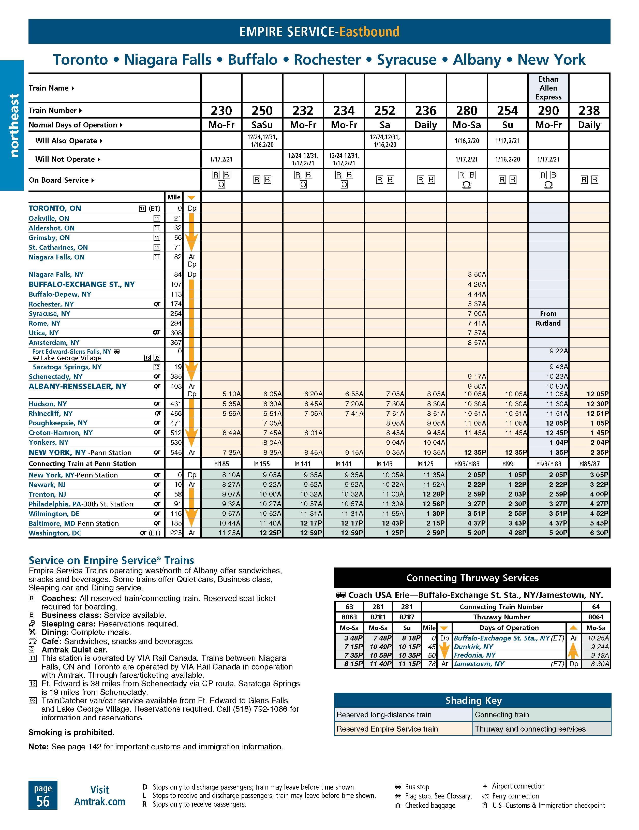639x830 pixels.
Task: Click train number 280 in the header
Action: [467, 111]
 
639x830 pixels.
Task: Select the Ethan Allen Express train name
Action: [548, 88]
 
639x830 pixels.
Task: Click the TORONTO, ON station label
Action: [55, 208]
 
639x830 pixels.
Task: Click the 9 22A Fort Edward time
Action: [558, 351]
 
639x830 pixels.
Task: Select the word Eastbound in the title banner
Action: [369, 32]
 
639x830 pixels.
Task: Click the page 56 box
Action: [43, 795]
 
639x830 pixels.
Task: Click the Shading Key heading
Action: [473, 701]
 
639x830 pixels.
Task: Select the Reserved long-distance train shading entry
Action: [384, 715]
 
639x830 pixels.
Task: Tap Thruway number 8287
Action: [407, 617]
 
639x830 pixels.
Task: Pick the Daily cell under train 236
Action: [425, 125]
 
